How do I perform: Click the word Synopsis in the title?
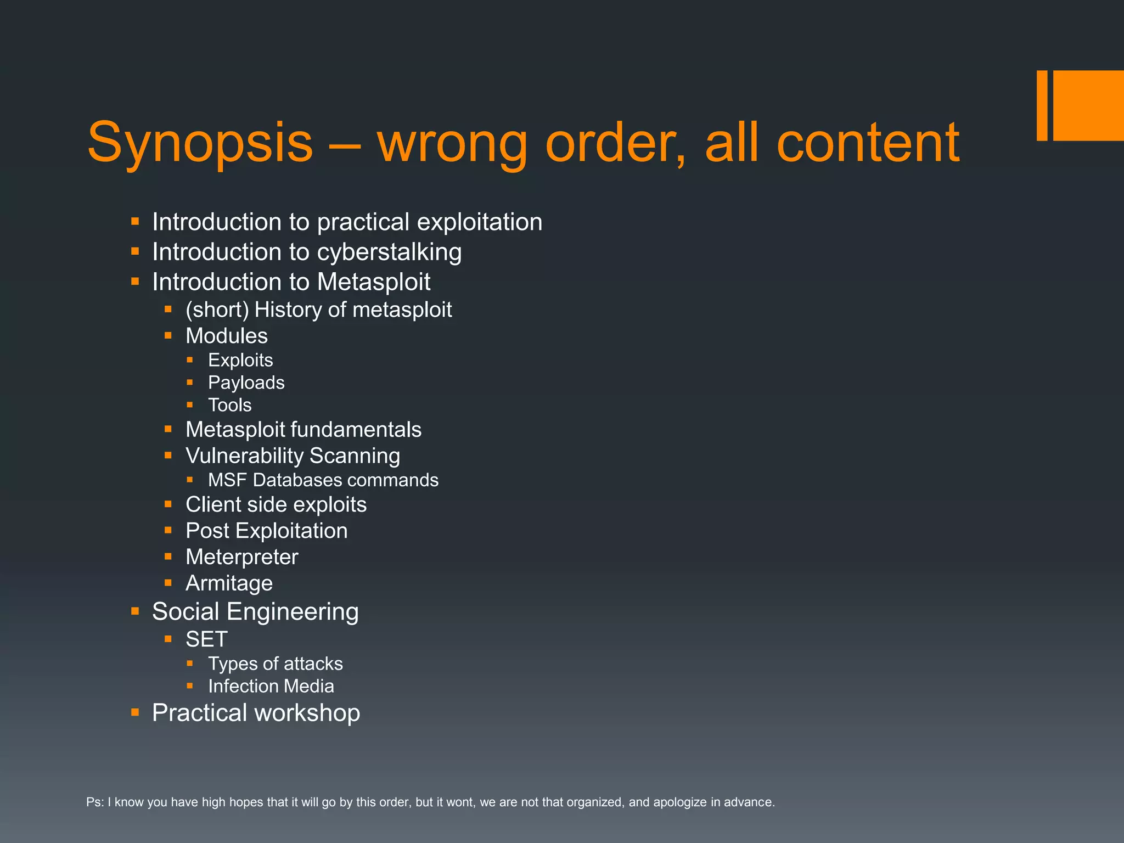point(200,143)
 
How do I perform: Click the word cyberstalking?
point(389,252)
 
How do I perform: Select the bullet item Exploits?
point(240,360)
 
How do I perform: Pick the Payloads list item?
point(246,383)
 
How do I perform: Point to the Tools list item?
point(229,405)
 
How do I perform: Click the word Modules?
point(227,336)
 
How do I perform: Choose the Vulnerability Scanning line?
point(293,456)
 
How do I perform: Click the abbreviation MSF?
point(228,480)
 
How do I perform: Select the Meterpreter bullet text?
point(241,557)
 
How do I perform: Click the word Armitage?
point(229,583)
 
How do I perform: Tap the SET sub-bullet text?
point(206,639)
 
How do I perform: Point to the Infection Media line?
point(271,686)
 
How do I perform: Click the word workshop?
point(307,713)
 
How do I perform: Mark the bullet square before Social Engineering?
point(135,611)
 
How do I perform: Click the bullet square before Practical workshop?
point(135,712)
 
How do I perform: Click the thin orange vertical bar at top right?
point(1042,105)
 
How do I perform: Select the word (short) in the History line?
point(217,310)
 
